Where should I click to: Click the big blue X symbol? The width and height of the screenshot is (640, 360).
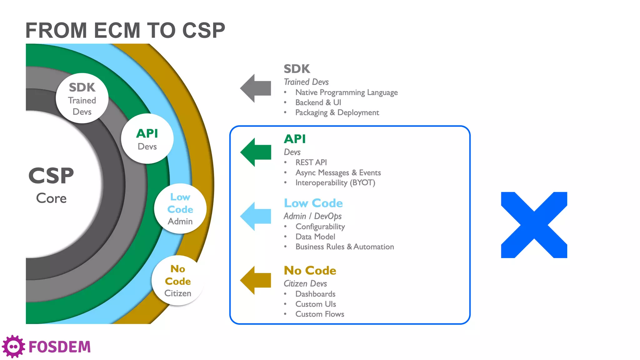tap(534, 225)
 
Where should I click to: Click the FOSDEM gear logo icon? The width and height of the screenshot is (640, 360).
tap(13, 347)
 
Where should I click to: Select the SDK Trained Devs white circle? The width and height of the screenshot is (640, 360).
tap(82, 98)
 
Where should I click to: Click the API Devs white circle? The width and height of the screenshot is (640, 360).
tap(147, 139)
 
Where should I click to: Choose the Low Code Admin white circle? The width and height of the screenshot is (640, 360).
tap(180, 209)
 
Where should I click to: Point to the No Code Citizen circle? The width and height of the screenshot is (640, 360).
tap(178, 281)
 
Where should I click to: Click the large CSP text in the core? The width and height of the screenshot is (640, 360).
tap(51, 176)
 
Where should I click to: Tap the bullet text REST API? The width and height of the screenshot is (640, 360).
tap(311, 162)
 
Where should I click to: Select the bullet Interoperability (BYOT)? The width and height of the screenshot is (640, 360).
tap(335, 182)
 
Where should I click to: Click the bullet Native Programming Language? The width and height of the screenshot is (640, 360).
tap(347, 92)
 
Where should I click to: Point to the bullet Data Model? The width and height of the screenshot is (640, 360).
tap(315, 237)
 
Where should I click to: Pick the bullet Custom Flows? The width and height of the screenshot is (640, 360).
tap(320, 314)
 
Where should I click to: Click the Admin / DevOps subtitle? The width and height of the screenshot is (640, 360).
tap(312, 216)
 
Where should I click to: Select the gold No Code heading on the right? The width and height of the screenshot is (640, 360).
tap(310, 271)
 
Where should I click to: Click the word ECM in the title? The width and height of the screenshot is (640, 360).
tap(117, 31)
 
